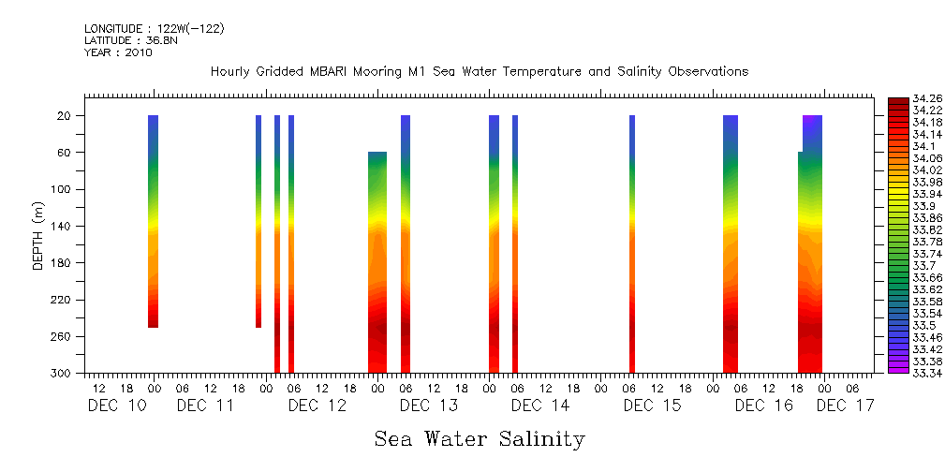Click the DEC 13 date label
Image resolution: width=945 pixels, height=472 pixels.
[428, 406]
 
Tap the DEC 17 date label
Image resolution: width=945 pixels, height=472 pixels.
[845, 406]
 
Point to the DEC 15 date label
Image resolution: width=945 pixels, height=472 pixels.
[652, 406]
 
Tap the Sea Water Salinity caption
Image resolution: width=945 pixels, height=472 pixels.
[480, 438]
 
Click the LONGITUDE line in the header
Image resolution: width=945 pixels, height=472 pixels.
[155, 29]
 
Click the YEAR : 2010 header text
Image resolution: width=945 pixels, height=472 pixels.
[118, 52]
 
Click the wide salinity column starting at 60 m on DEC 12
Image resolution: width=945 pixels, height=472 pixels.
[377, 262]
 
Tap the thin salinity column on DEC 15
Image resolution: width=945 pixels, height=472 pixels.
[632, 243]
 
